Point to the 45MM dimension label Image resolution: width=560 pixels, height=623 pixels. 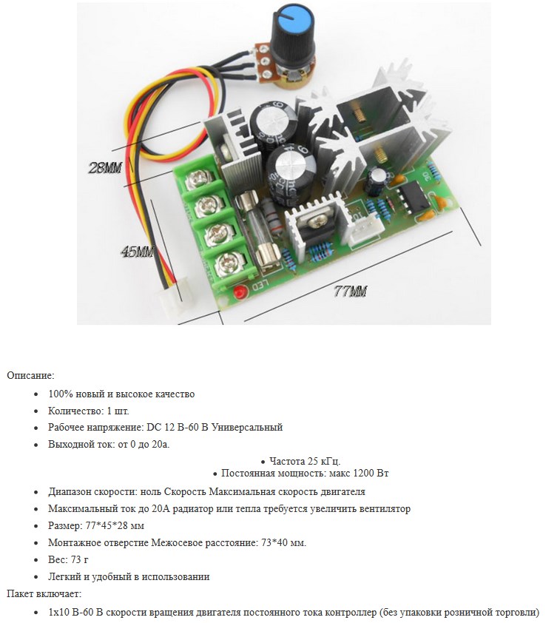coord(138,252)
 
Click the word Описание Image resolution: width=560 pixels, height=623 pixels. coord(30,376)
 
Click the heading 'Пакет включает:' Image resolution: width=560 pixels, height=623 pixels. coord(44,593)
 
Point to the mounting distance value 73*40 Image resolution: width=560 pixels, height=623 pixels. coord(277,542)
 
